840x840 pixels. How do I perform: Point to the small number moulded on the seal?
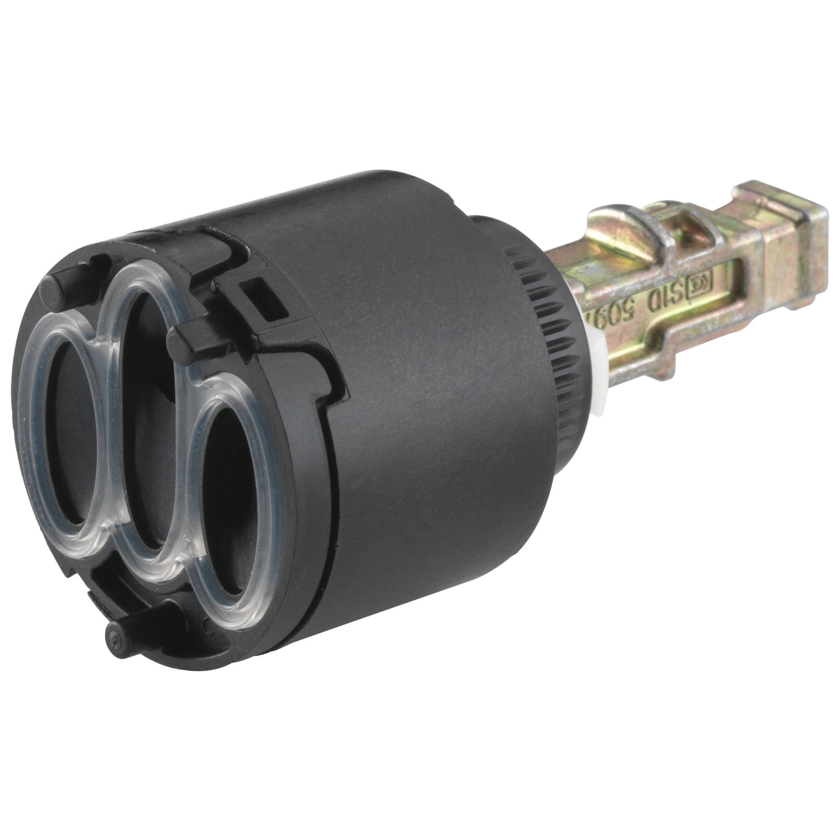(187, 544)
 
